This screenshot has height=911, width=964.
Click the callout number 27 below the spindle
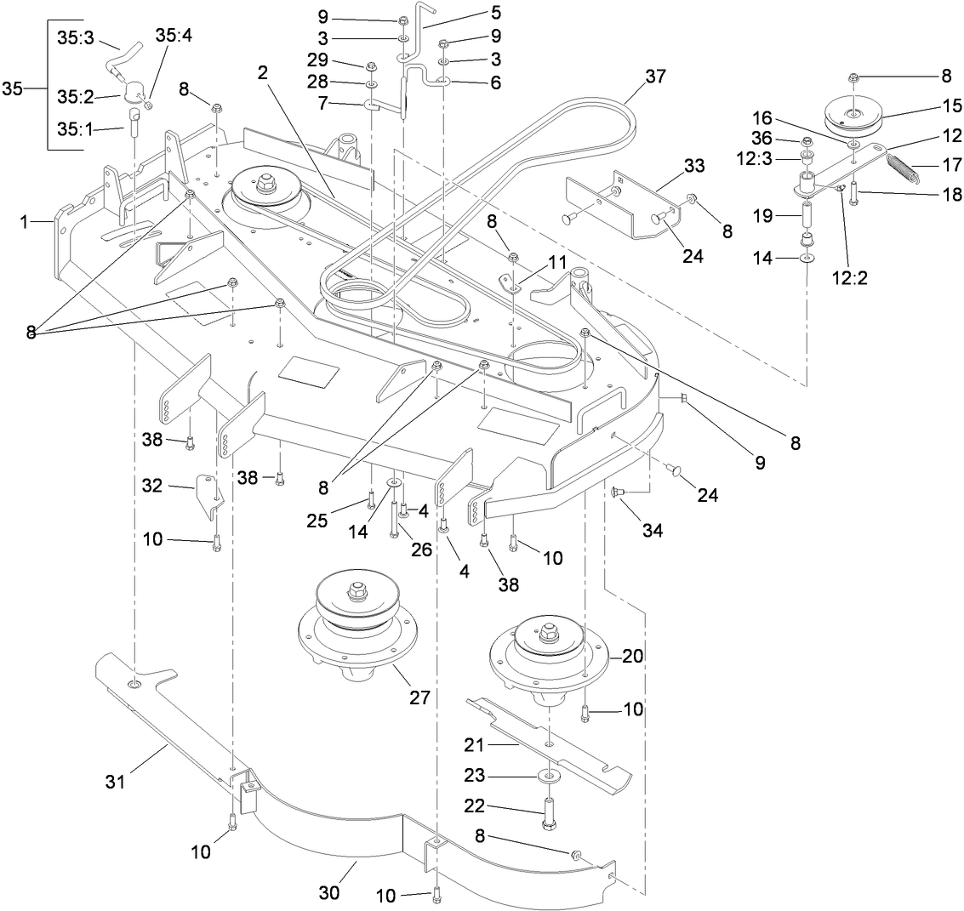coord(419,697)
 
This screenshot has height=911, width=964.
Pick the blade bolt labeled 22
coord(549,811)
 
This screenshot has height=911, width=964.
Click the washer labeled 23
coord(549,776)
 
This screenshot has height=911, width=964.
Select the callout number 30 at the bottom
coord(328,892)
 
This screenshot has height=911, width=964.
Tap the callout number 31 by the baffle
coord(116,781)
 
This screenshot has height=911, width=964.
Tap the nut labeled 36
coord(807,141)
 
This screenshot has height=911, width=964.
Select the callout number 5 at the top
coord(495,13)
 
